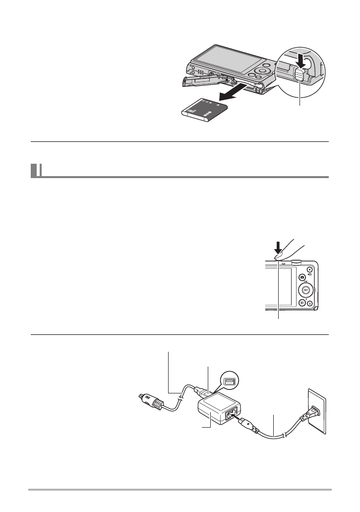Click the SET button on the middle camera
tap(306, 290)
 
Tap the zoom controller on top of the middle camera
tap(297, 258)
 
